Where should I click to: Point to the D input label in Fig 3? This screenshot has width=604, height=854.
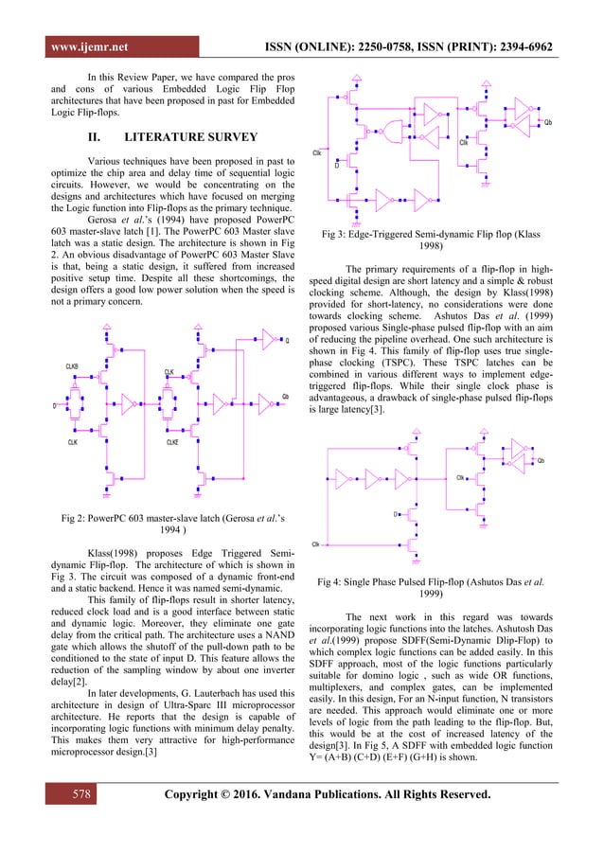(337, 165)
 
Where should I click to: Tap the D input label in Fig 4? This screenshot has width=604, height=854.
(396, 514)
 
